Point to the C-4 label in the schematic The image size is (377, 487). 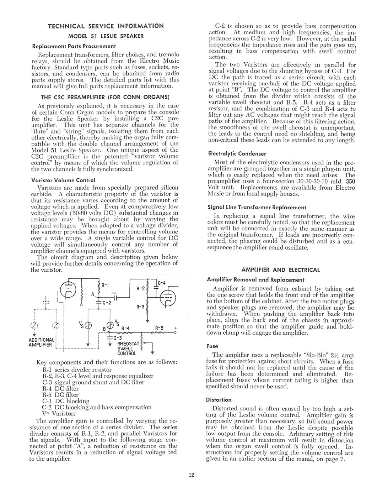click(x=162, y=283)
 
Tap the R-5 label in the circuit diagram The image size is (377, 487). click(x=160, y=328)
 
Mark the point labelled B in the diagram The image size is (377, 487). click(x=104, y=328)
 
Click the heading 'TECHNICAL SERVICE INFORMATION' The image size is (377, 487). click(x=106, y=26)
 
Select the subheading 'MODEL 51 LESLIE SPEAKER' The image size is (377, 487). click(x=106, y=36)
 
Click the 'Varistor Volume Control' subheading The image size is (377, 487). click(x=63, y=180)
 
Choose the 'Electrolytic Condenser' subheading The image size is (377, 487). click(x=237, y=154)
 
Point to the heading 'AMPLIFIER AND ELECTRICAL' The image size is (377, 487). click(x=281, y=270)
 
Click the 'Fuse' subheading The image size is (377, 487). click(x=212, y=346)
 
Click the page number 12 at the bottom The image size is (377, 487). click(x=192, y=475)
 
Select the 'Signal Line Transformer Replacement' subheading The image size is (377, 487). click(x=257, y=207)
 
